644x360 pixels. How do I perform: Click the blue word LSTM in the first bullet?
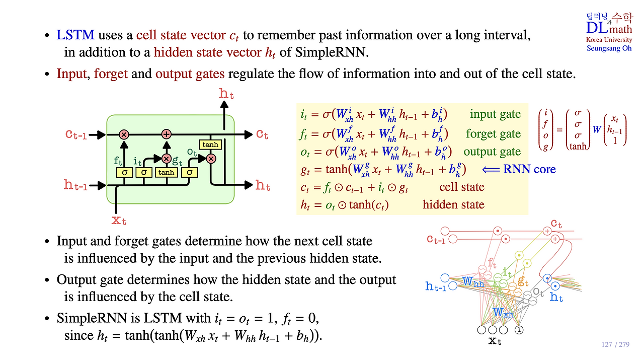[x=75, y=35]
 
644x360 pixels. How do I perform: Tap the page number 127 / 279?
[x=615, y=344]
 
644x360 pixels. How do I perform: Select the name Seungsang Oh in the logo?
[x=609, y=48]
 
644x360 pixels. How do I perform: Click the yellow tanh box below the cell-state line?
[x=210, y=145]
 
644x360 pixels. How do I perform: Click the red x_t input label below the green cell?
[x=119, y=221]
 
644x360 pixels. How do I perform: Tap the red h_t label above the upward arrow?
[x=226, y=94]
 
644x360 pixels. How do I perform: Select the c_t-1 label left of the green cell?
[x=76, y=134]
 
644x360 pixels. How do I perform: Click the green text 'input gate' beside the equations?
[x=495, y=114]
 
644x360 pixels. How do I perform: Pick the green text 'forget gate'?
[x=493, y=133]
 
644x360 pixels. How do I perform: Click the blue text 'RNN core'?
[x=529, y=169]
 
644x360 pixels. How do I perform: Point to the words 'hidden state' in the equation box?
[x=453, y=204]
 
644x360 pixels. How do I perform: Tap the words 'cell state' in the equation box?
[x=462, y=187]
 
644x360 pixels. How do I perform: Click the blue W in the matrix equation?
[x=597, y=129]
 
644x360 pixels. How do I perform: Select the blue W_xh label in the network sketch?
[x=503, y=312]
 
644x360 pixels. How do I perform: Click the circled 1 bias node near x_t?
[x=519, y=330]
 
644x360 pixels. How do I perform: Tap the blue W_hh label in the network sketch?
[x=473, y=281]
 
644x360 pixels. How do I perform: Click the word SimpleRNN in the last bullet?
[x=92, y=318]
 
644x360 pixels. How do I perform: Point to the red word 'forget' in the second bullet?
[x=111, y=74]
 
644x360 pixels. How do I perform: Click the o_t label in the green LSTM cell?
[x=192, y=152]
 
